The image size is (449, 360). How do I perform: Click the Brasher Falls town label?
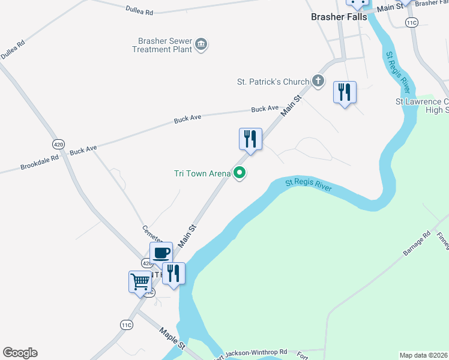[x=337, y=17]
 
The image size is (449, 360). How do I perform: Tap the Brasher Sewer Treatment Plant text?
[x=164, y=45]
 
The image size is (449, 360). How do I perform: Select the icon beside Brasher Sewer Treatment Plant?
[x=202, y=44]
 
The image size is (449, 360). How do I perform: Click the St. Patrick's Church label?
[x=273, y=81]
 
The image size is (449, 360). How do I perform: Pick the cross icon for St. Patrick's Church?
[x=318, y=81]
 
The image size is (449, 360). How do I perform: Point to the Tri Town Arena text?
[x=202, y=173]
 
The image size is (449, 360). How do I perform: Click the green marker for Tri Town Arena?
[x=240, y=173]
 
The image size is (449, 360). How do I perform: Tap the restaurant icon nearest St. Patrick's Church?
[x=345, y=92]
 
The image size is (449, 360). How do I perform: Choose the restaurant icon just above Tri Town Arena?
[x=250, y=139]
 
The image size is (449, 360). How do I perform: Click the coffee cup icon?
[x=161, y=253]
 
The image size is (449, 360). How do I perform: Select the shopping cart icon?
[x=140, y=281]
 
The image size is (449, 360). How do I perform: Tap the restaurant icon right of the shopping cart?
[x=173, y=274]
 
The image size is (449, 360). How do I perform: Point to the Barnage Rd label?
[x=417, y=244]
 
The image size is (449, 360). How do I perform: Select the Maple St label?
[x=172, y=336]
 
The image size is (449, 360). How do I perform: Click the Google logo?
[x=20, y=353]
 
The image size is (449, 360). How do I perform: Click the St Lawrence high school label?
[x=422, y=106]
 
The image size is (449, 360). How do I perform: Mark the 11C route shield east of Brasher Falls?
[x=411, y=23]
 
